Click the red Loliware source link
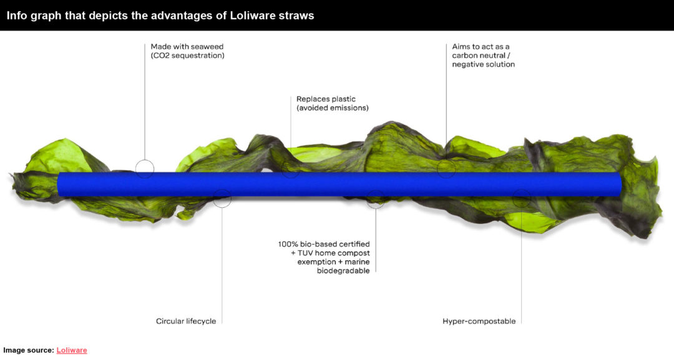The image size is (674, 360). point(72,350)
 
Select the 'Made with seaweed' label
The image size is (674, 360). point(187,46)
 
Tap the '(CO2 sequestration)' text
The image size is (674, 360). point(187,56)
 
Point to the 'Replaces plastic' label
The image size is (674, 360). point(326,99)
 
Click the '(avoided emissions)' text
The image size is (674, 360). point(332,108)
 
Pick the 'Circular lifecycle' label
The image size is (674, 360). point(186,321)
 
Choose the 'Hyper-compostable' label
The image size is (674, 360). point(479,321)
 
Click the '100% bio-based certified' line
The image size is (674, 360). point(324,244)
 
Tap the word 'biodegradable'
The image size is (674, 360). point(343,271)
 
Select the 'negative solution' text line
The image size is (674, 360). point(483,64)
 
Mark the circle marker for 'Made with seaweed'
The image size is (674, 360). point(145,160)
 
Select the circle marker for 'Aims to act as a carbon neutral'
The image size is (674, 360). point(446,160)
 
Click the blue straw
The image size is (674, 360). point(339,184)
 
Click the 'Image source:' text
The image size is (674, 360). point(29,350)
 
